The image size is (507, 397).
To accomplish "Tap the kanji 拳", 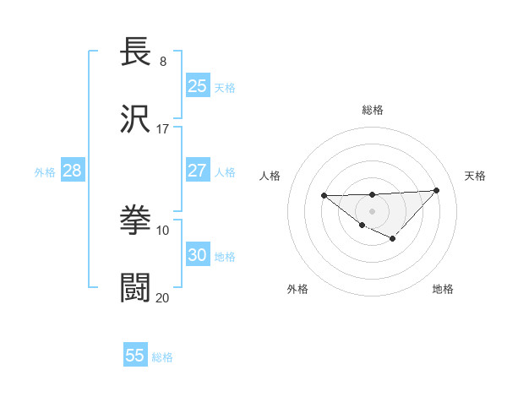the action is [x=136, y=220].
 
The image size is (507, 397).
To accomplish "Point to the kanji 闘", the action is [x=136, y=287].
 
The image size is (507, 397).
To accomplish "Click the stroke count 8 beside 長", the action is [x=163, y=61].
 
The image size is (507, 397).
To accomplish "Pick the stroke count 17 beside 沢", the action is [x=163, y=128].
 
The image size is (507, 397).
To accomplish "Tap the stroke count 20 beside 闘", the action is [x=163, y=296].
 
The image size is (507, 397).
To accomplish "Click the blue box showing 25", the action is [x=198, y=85].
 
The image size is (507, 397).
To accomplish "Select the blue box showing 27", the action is [x=198, y=170].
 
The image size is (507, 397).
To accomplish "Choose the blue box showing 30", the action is [x=198, y=254].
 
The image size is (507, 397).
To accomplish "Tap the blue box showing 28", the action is [x=73, y=170].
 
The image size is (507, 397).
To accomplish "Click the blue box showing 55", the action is [x=135, y=356].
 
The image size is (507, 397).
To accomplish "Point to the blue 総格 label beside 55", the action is [x=163, y=357].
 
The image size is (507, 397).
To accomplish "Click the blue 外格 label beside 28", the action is [x=45, y=172].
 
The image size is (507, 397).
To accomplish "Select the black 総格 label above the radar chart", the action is [x=372, y=110].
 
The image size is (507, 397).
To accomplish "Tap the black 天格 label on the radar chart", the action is [x=475, y=176].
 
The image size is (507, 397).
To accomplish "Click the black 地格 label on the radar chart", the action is [x=443, y=289].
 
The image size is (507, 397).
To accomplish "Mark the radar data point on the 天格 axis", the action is [x=436, y=190].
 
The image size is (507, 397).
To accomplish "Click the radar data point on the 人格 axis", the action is [x=324, y=196].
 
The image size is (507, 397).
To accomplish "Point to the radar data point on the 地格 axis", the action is [x=392, y=239].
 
